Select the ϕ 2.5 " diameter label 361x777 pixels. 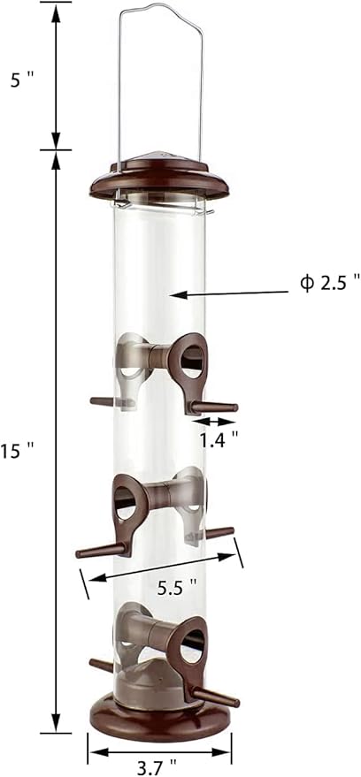click(x=330, y=282)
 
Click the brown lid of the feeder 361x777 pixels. click(x=159, y=177)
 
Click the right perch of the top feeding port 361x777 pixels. click(x=217, y=408)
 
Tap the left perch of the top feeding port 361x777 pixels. click(x=106, y=402)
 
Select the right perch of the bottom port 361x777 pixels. click(x=217, y=697)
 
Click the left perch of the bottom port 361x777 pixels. click(x=102, y=664)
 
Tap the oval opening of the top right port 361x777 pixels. click(x=193, y=364)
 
